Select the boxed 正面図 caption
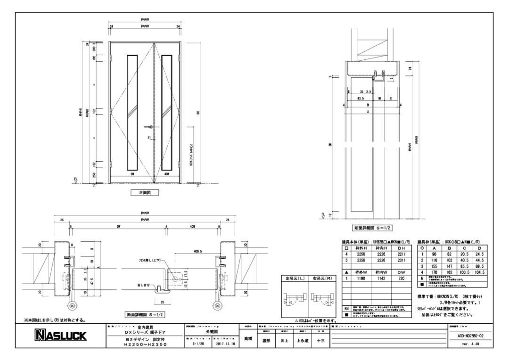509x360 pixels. tap(145, 193)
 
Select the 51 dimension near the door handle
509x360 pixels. tap(149, 137)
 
